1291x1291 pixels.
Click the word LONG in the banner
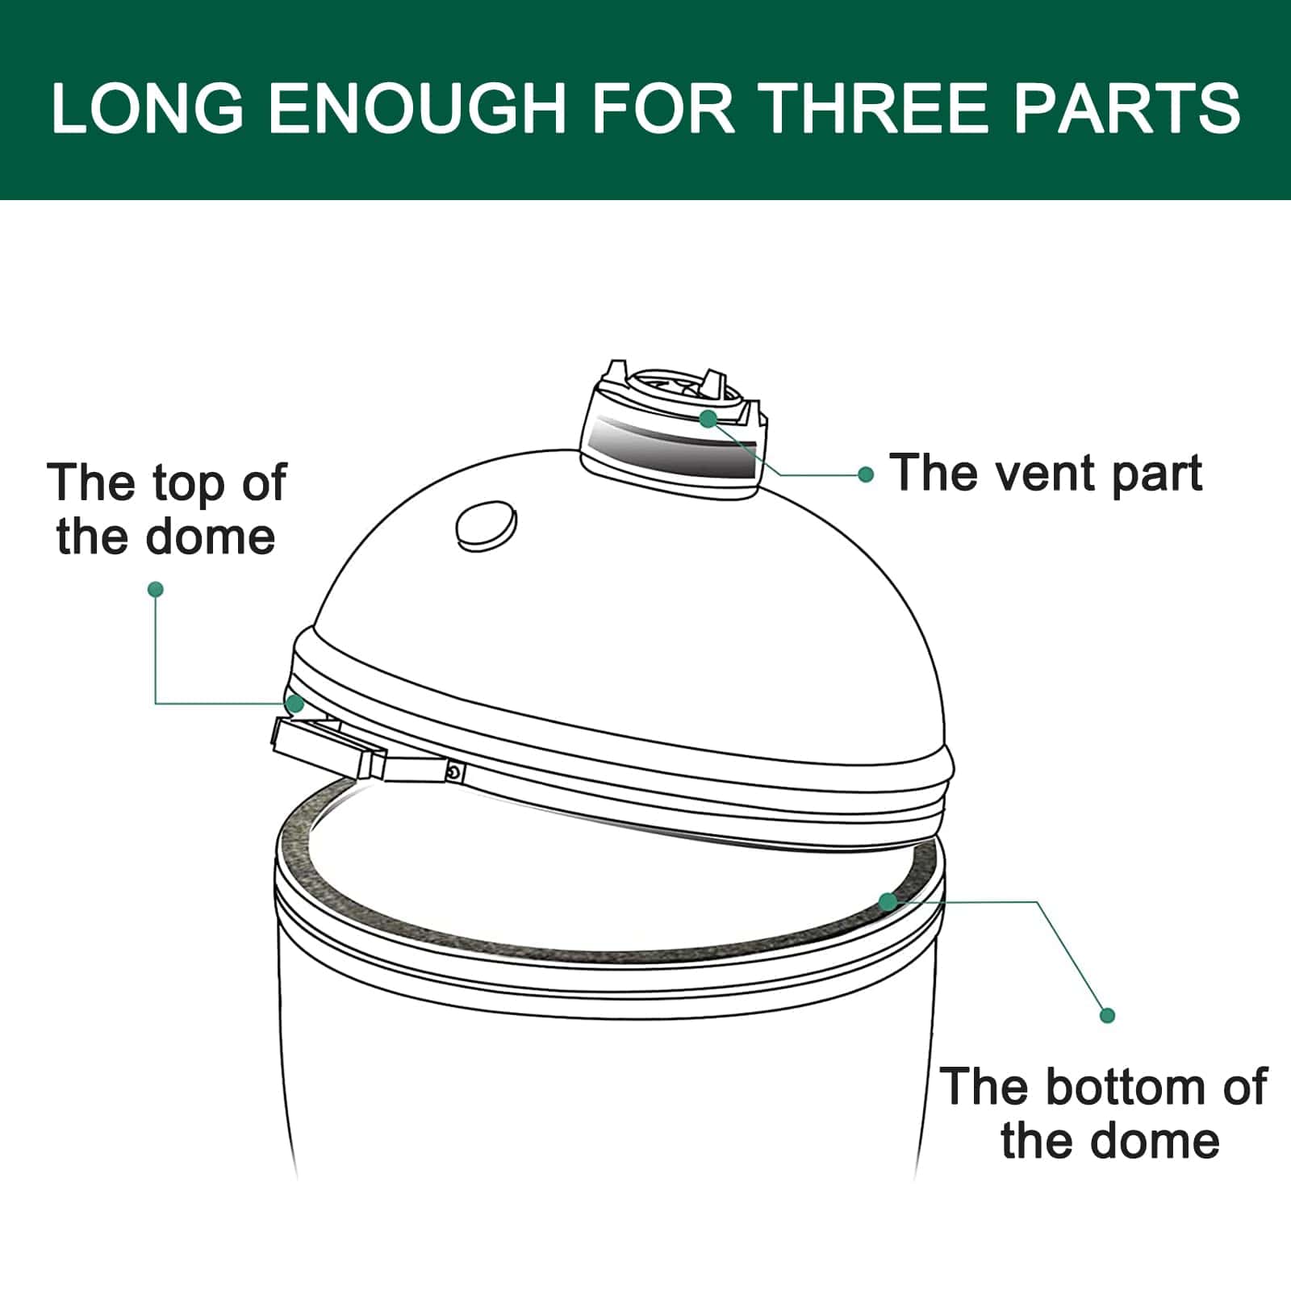click(147, 107)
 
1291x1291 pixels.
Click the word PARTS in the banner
click(1127, 107)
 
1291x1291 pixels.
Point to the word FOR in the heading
click(662, 107)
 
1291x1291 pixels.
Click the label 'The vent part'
click(1047, 473)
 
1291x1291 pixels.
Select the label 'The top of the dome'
click(166, 510)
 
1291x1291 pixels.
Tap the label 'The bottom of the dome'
click(1104, 1113)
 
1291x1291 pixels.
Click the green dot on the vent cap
click(708, 419)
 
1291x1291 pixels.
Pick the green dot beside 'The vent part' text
click(866, 475)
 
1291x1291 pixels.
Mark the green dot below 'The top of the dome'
click(156, 590)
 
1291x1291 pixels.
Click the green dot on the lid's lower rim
click(295, 704)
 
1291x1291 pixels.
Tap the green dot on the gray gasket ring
click(888, 901)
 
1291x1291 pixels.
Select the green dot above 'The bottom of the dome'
click(1108, 1016)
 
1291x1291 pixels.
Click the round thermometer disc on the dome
click(486, 525)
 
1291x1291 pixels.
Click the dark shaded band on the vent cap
click(674, 448)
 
